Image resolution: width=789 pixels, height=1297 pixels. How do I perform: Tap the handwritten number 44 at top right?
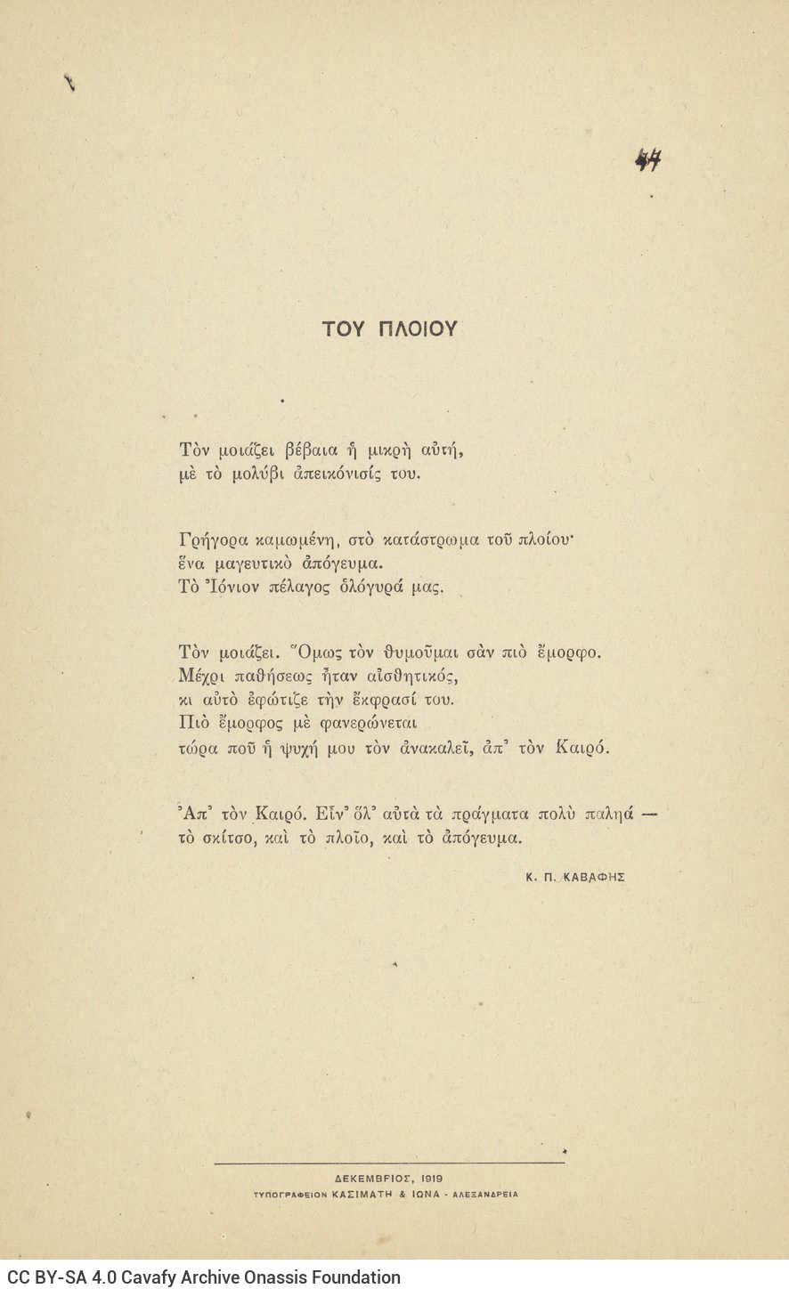tap(648, 161)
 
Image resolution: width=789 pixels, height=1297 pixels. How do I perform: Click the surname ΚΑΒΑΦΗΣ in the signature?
tap(595, 877)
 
